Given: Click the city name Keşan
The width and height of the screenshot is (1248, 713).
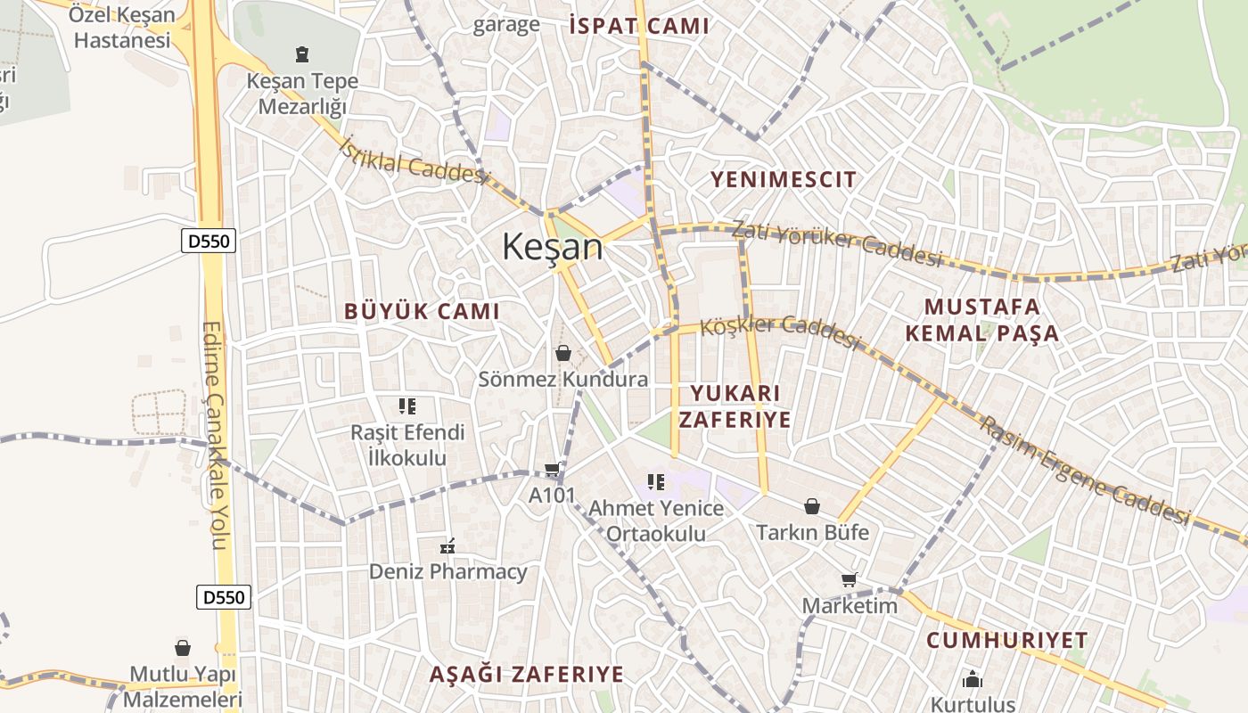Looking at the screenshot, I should tap(553, 246).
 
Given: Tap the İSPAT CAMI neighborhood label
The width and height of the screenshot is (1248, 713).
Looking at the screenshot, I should tap(639, 26).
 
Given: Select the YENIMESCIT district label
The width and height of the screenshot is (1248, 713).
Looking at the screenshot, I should tap(783, 179).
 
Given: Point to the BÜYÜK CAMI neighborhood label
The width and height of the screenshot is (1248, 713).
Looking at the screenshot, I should tap(422, 311).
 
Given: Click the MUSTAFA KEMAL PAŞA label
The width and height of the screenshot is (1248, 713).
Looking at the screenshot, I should tap(981, 320).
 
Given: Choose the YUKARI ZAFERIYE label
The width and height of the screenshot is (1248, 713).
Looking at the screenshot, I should tap(735, 406).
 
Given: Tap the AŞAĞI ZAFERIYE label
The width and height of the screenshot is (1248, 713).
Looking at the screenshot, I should tap(526, 674).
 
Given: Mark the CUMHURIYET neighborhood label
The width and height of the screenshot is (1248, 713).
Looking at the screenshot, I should tap(1006, 640).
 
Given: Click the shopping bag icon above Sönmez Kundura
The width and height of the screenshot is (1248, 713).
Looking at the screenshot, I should tap(562, 354).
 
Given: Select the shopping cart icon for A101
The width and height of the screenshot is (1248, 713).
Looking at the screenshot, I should tap(553, 470).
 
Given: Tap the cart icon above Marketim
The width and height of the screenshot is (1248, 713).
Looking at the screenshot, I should tap(849, 580).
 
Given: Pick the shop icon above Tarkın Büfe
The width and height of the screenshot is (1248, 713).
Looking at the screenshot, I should tap(812, 507).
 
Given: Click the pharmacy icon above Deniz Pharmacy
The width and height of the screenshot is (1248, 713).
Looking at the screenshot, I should tap(448, 545).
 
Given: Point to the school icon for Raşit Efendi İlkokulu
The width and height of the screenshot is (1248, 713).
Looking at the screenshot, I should tap(407, 407).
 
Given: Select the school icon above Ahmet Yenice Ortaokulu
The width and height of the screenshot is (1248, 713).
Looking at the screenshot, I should tap(656, 482).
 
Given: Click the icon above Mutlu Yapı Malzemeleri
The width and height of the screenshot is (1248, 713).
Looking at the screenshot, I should tap(183, 648).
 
